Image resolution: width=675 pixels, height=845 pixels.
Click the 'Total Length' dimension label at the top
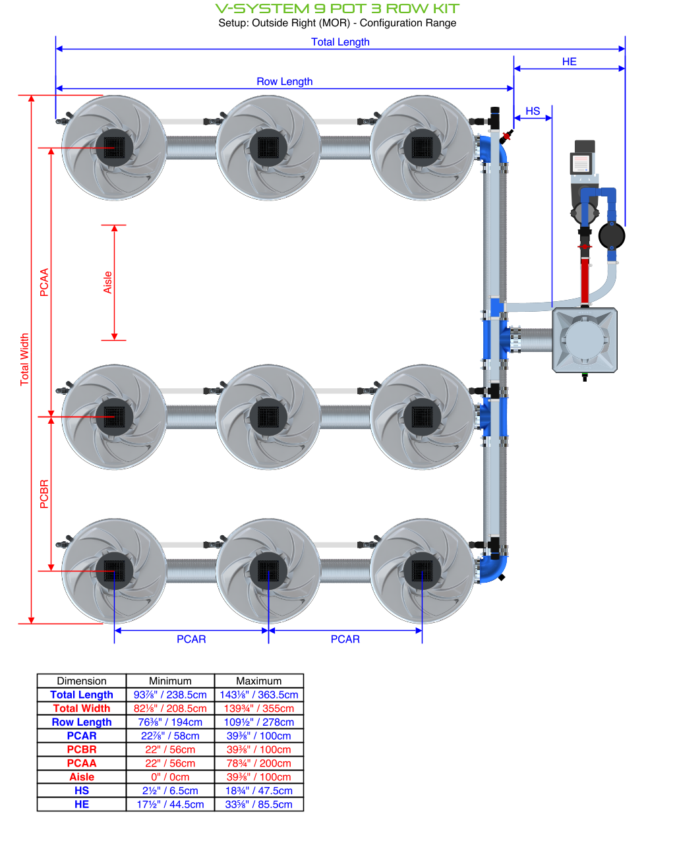tap(340, 42)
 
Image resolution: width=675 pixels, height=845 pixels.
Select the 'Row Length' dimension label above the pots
tap(285, 82)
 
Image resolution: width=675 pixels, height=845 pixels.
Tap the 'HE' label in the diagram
tap(570, 62)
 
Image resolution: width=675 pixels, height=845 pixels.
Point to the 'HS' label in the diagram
tap(533, 111)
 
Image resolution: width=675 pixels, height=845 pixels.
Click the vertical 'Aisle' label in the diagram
tap(108, 283)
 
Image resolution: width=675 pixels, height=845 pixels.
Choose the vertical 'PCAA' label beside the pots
tap(44, 282)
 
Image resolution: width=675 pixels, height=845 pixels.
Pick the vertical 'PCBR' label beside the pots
tap(44, 494)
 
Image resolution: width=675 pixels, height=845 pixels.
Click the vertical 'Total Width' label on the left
tap(25, 359)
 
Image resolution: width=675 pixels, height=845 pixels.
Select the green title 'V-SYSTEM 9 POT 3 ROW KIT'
tap(337, 9)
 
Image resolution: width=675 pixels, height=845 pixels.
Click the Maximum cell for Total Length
tap(259, 695)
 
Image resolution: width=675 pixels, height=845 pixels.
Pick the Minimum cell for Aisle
tap(170, 777)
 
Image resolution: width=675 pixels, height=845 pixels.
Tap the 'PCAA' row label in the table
tap(82, 763)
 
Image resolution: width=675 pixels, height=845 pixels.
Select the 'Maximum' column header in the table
tap(259, 681)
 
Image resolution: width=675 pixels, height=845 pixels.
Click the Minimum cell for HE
tap(170, 804)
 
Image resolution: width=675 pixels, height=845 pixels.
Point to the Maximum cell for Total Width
tap(259, 709)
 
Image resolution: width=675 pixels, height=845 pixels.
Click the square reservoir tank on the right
tap(585, 340)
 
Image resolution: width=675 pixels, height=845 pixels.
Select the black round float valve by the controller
tap(612, 235)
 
